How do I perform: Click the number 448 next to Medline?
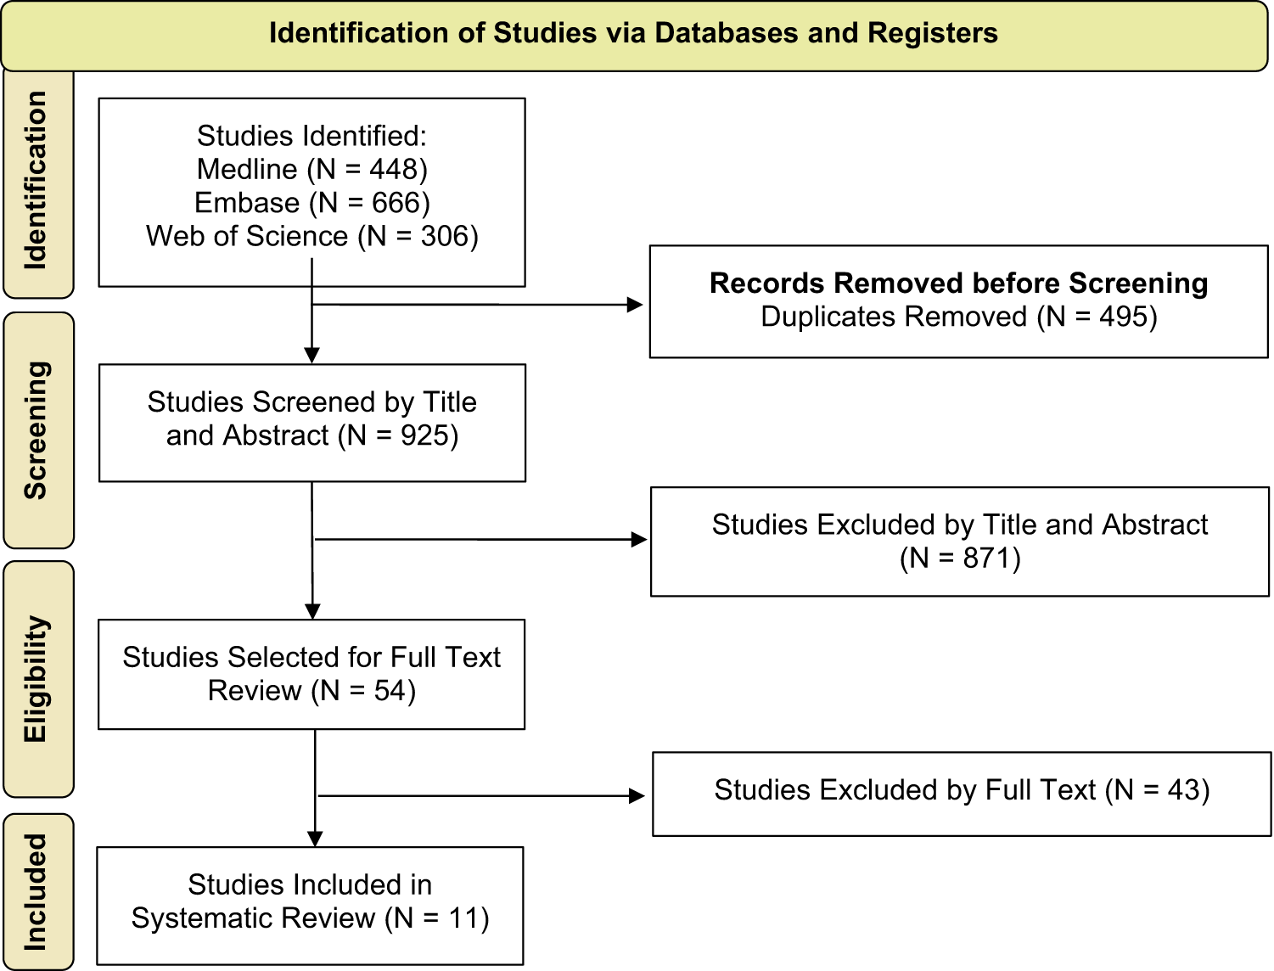pyautogui.click(x=394, y=170)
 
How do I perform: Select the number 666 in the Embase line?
pyautogui.click(x=396, y=203)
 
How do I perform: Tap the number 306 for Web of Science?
pyautogui.click(x=445, y=236)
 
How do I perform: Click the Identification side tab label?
pyautogui.click(x=36, y=181)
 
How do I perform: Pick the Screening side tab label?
pyautogui.click(x=36, y=430)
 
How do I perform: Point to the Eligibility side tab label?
pyautogui.click(x=36, y=678)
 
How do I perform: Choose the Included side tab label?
pyautogui.click(x=36, y=892)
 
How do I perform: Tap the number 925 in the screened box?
pyautogui.click(x=424, y=435)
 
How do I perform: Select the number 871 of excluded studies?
pyautogui.click(x=987, y=558)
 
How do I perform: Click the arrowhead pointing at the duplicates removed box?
pyautogui.click(x=636, y=305)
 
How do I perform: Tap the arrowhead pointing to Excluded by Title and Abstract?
pyautogui.click(x=640, y=540)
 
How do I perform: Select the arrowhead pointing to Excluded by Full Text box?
pyautogui.click(x=637, y=795)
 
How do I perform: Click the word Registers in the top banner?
pyautogui.click(x=933, y=33)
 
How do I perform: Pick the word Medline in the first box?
pyautogui.click(x=247, y=170)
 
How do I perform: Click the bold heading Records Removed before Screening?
pyautogui.click(x=959, y=283)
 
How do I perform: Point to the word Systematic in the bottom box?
pyautogui.click(x=253, y=918)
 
